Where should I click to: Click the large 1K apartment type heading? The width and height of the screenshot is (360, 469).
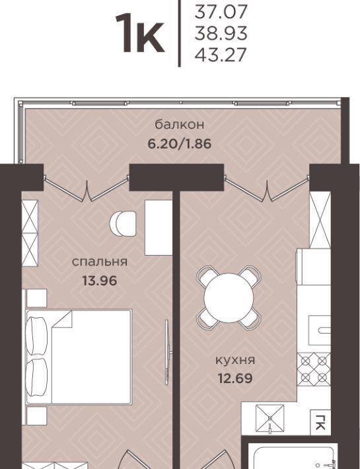point(140,33)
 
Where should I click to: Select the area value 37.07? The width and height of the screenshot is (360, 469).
point(221,12)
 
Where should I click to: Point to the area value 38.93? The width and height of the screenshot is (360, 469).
point(221,33)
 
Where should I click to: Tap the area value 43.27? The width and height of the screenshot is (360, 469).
point(221,55)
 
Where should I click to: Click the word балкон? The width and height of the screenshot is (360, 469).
point(180,125)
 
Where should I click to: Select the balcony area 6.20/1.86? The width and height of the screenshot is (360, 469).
point(180,143)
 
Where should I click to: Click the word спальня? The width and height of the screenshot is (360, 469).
point(100,262)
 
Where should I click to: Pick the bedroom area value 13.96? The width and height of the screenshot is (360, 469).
point(100,281)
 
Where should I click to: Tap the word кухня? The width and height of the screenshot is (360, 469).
point(235,360)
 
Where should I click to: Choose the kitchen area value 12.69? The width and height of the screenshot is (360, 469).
point(235,379)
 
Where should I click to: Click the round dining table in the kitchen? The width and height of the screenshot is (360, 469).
point(229,298)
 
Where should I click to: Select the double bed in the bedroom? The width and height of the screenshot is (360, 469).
point(79,357)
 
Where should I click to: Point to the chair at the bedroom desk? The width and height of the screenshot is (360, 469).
point(123,223)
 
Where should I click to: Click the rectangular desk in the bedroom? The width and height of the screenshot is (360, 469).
point(159,227)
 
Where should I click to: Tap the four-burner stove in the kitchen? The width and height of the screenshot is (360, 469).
point(314,369)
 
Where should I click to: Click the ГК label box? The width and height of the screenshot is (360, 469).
point(320,422)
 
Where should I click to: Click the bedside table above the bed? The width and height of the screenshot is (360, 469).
point(36,298)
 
